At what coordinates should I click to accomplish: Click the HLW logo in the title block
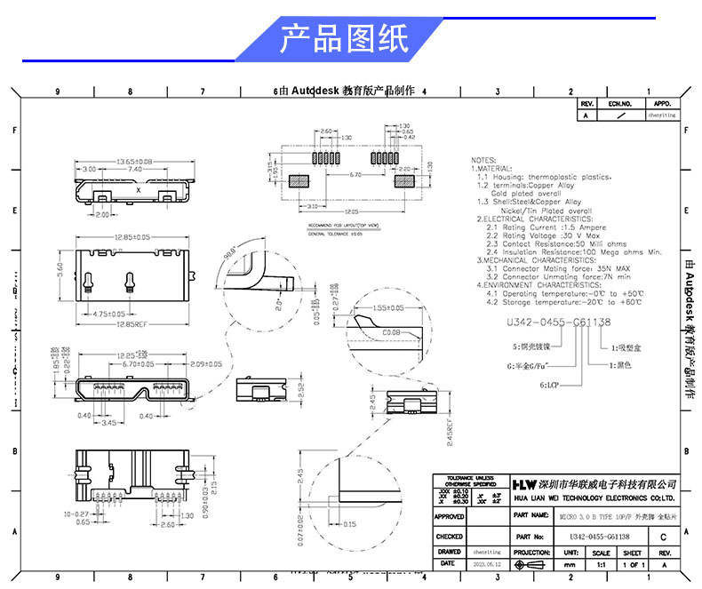point(523,484)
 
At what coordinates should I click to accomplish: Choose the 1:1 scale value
point(601,564)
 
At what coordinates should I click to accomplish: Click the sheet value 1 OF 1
point(633,564)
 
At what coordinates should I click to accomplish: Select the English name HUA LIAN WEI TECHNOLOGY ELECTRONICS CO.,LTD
point(594,498)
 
